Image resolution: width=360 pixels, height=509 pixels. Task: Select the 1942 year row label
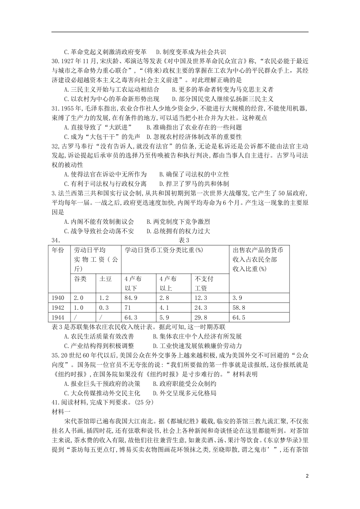[58, 308]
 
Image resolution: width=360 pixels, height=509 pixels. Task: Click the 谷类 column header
[80, 279]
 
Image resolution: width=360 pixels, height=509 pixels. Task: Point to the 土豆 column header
[105, 279]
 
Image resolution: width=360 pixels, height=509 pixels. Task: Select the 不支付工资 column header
[204, 283]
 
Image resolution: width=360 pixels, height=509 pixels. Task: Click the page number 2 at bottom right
[307, 476]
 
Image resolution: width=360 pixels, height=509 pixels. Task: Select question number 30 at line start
[56, 61]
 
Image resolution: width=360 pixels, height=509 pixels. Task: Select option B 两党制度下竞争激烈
[178, 222]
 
